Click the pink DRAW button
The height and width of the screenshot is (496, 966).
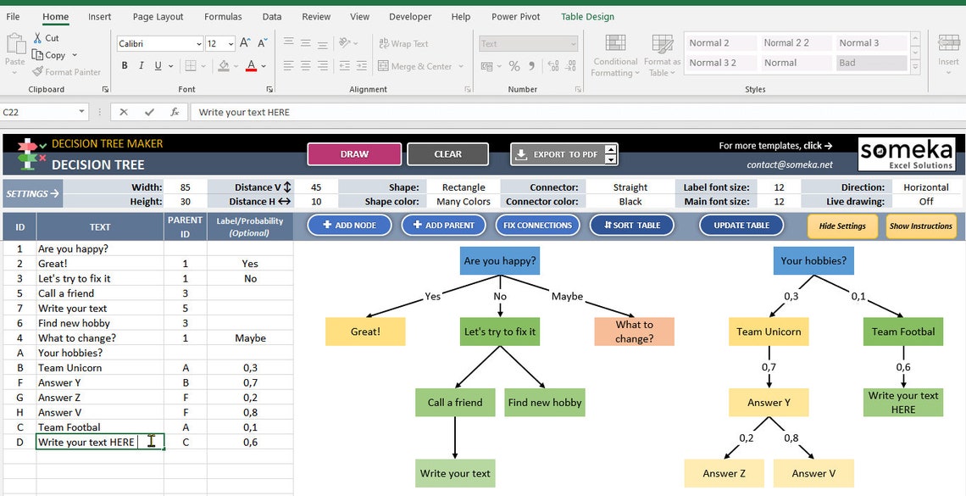(354, 154)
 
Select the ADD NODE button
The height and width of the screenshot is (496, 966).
(349, 226)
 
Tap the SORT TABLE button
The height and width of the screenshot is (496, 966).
(631, 226)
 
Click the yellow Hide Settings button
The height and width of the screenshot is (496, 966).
(842, 226)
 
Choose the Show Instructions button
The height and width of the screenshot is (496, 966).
(921, 226)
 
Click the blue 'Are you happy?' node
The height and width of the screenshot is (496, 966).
(500, 261)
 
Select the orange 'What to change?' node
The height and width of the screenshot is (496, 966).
(634, 332)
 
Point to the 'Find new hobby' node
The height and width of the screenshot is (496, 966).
(545, 403)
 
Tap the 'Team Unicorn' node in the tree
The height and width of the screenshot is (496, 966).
(769, 332)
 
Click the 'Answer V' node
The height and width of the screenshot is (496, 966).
(813, 474)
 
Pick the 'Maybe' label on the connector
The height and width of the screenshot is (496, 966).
(567, 297)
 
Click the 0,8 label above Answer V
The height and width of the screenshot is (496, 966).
(791, 438)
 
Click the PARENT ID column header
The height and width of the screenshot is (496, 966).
(185, 226)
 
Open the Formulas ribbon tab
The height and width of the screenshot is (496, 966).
(223, 17)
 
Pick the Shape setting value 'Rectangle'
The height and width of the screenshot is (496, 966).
(464, 187)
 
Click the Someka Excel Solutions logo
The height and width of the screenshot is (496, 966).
(907, 153)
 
